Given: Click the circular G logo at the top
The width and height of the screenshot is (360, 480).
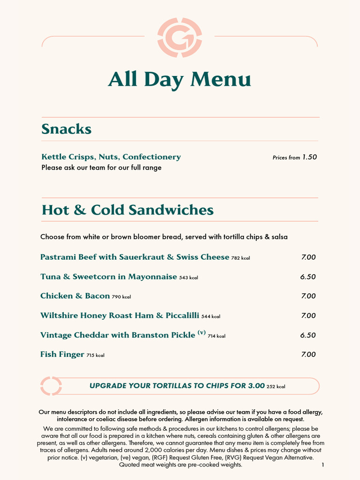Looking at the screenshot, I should click(x=180, y=37).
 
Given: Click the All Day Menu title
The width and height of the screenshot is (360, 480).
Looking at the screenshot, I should click(x=180, y=80).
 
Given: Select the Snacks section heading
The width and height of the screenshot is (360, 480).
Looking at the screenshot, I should click(x=66, y=129).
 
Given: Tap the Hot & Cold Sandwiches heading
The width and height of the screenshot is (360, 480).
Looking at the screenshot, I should click(x=127, y=210).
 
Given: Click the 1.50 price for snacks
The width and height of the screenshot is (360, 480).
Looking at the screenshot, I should click(x=309, y=157).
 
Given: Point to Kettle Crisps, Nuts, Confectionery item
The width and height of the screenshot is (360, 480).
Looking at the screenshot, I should click(x=111, y=157).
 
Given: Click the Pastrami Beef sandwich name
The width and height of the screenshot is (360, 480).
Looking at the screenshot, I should click(x=135, y=257).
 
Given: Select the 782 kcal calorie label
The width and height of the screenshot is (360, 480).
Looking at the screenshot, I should click(x=240, y=258).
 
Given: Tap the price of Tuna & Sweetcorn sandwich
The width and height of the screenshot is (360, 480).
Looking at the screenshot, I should click(x=308, y=277).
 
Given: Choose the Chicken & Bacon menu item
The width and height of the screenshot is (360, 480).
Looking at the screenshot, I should click(x=75, y=296).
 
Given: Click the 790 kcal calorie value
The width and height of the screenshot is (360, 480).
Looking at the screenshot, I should click(x=121, y=297).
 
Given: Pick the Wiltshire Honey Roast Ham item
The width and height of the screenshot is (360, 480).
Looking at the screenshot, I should click(x=120, y=315).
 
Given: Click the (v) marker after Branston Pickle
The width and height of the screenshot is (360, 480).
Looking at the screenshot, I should click(x=202, y=333).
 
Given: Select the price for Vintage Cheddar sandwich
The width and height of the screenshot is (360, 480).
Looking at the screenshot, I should click(x=308, y=335).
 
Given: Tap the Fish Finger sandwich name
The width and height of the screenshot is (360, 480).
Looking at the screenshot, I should click(x=62, y=354).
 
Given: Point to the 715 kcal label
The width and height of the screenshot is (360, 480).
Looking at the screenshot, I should click(x=95, y=356).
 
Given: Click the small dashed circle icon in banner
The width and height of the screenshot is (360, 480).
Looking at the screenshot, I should click(x=51, y=386).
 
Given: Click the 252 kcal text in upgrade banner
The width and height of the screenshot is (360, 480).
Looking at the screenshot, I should click(x=276, y=387).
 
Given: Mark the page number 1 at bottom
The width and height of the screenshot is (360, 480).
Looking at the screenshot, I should click(x=323, y=465).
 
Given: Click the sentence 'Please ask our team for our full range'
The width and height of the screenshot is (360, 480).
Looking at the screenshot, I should click(x=101, y=168).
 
